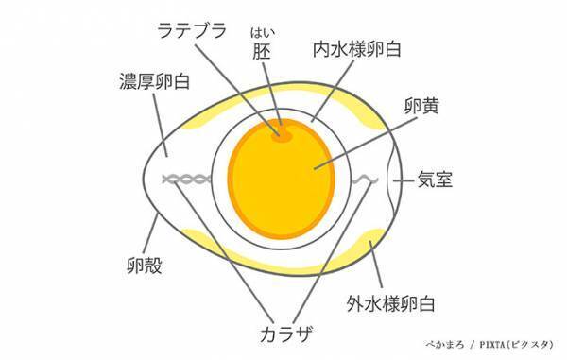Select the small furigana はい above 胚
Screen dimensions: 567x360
point(262,36)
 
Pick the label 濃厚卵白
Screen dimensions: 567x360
point(153,79)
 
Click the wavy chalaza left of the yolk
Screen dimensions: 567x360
point(187,179)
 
